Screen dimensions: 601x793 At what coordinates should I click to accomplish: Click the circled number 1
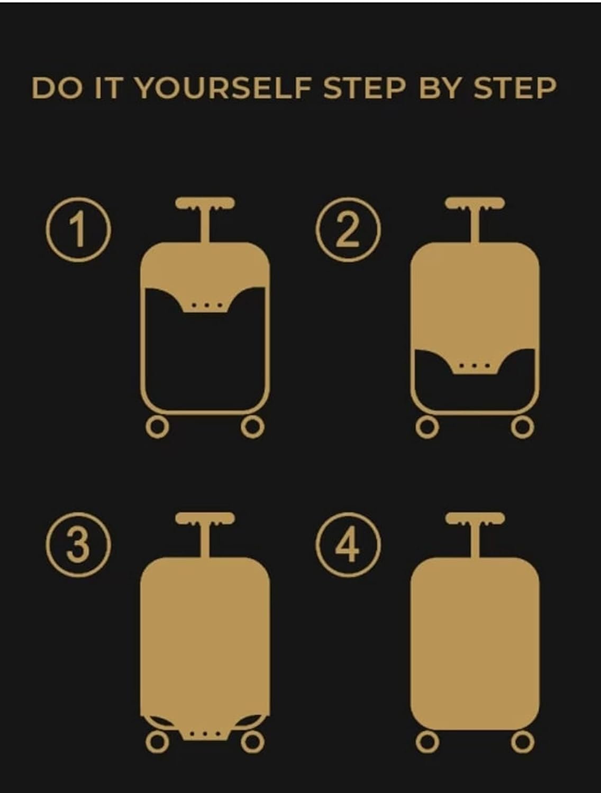pos(78,229)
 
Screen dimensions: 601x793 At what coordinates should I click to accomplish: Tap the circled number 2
pos(349,229)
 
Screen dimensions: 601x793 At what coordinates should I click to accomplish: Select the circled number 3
pos(78,545)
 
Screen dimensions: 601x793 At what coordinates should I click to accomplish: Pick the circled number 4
pos(349,545)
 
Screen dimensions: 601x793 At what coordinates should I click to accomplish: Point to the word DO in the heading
pos(57,88)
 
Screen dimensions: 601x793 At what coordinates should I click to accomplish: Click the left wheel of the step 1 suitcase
pos(157,427)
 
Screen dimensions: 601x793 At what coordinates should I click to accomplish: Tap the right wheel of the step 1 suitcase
pos(252,427)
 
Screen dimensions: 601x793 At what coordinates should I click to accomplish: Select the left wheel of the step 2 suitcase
pos(427,427)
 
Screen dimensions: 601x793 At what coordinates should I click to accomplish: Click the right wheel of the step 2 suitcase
pos(523,427)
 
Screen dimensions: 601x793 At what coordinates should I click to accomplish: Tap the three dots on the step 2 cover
pos(475,366)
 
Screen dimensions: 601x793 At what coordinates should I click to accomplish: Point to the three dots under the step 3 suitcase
pos(205,734)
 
